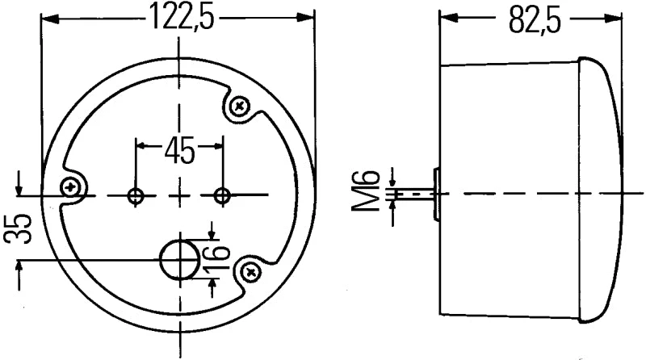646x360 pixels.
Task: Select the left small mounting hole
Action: pos(136,195)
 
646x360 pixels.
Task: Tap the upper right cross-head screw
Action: pos(239,105)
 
